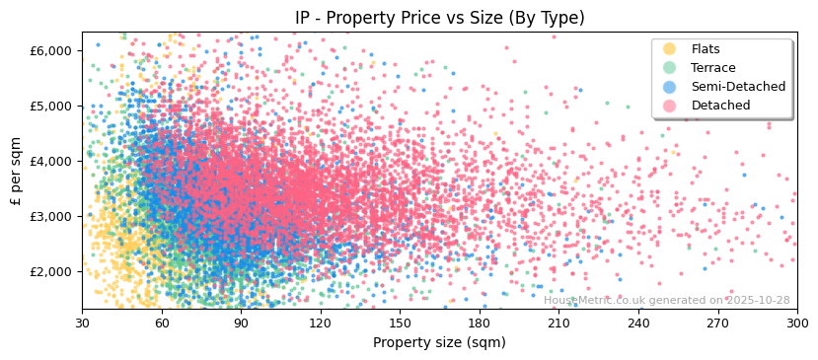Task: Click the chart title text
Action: pyautogui.click(x=439, y=18)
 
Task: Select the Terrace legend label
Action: pyautogui.click(x=712, y=68)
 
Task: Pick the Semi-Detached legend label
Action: pyautogui.click(x=738, y=87)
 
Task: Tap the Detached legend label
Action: pyautogui.click(x=720, y=106)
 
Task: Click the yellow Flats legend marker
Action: pyautogui.click(x=670, y=49)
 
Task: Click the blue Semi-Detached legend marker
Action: pyautogui.click(x=670, y=87)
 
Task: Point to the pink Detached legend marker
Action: pyautogui.click(x=670, y=106)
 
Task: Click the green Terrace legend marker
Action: pyautogui.click(x=670, y=68)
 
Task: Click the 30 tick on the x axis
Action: pyautogui.click(x=82, y=323)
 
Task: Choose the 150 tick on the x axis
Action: pyautogui.click(x=400, y=323)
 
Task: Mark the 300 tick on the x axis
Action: pyautogui.click(x=797, y=323)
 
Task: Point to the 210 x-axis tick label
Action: pyautogui.click(x=558, y=323)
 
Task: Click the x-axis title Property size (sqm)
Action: pyautogui.click(x=439, y=342)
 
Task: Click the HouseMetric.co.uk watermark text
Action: pyautogui.click(x=666, y=301)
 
